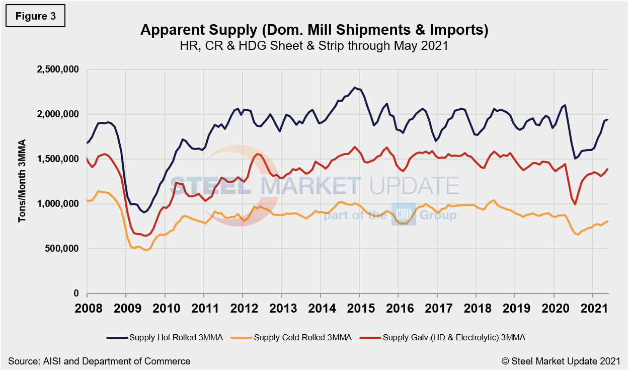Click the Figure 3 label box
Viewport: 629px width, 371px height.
pos(35,16)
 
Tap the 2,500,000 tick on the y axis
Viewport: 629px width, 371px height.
pos(58,70)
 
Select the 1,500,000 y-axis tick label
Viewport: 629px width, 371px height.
pos(58,159)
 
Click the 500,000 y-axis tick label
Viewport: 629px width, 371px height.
pos(62,249)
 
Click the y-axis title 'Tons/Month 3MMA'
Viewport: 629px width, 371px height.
pos(22,181)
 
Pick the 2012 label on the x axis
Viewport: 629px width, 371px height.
pos(243,307)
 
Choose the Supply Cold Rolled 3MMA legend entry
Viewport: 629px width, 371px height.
pos(302,337)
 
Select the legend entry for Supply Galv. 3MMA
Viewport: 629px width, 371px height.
pos(453,337)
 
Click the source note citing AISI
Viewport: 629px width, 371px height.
pos(99,361)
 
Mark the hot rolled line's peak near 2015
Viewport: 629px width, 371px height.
pos(355,88)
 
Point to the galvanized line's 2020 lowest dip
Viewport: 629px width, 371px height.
pos(575,204)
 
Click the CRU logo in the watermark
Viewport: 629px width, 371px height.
pos(404,215)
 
